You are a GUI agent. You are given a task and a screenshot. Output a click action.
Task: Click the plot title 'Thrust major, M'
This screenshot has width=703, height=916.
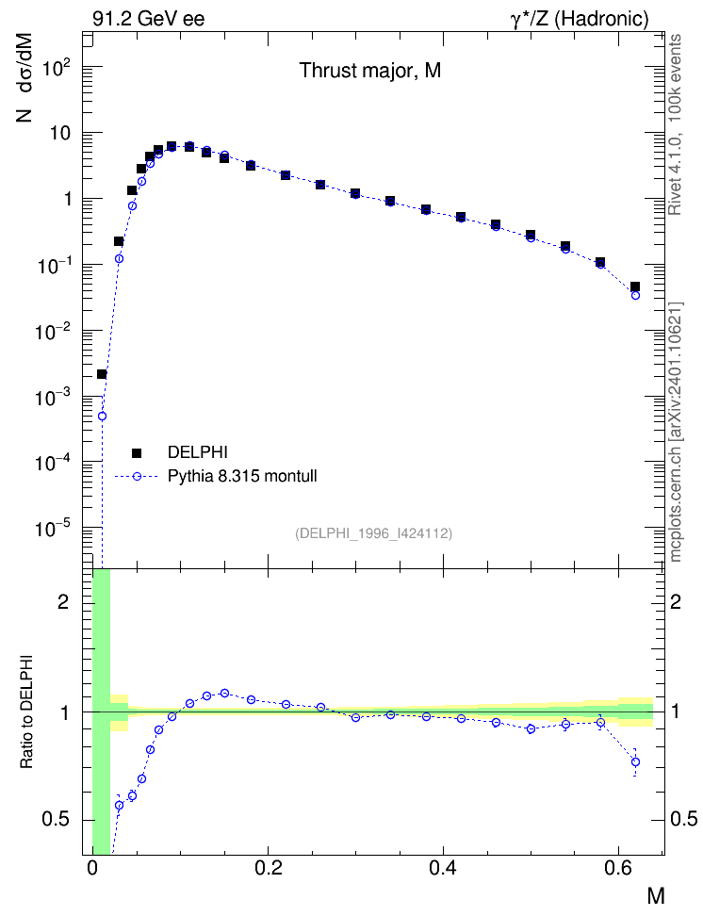(370, 71)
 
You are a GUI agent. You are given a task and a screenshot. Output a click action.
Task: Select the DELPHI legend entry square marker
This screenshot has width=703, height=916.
(137, 452)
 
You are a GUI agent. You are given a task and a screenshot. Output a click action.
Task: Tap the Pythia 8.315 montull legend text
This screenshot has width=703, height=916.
(242, 476)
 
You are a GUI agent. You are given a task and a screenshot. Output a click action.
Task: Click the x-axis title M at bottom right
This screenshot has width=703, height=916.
(656, 895)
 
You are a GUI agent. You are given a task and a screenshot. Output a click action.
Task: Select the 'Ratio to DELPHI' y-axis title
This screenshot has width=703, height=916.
(26, 712)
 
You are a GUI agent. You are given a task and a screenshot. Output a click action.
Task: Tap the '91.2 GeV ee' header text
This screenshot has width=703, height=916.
(149, 19)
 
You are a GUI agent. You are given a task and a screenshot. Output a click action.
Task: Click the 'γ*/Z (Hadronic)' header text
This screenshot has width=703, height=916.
(580, 19)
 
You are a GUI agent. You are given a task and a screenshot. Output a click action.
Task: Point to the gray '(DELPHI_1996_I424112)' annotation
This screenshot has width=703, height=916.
(373, 533)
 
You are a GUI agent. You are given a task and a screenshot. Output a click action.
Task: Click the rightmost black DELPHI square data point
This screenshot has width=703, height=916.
(635, 286)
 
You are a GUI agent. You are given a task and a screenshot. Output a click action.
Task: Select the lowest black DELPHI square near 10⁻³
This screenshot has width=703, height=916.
(102, 374)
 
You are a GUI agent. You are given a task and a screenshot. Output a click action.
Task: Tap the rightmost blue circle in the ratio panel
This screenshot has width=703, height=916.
(635, 761)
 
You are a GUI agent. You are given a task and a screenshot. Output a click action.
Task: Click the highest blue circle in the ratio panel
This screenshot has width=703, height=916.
(224, 693)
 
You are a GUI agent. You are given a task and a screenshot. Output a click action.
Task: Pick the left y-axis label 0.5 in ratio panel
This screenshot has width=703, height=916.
(57, 820)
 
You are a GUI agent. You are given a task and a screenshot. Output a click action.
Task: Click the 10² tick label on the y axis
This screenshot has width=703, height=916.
(57, 68)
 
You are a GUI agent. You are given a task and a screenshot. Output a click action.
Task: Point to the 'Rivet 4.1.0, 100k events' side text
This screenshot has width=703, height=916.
(675, 124)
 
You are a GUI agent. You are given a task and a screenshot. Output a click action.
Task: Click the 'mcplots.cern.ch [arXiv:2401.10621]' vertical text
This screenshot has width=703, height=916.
(675, 432)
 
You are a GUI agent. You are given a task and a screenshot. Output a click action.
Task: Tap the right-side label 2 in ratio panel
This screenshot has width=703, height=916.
(675, 601)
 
